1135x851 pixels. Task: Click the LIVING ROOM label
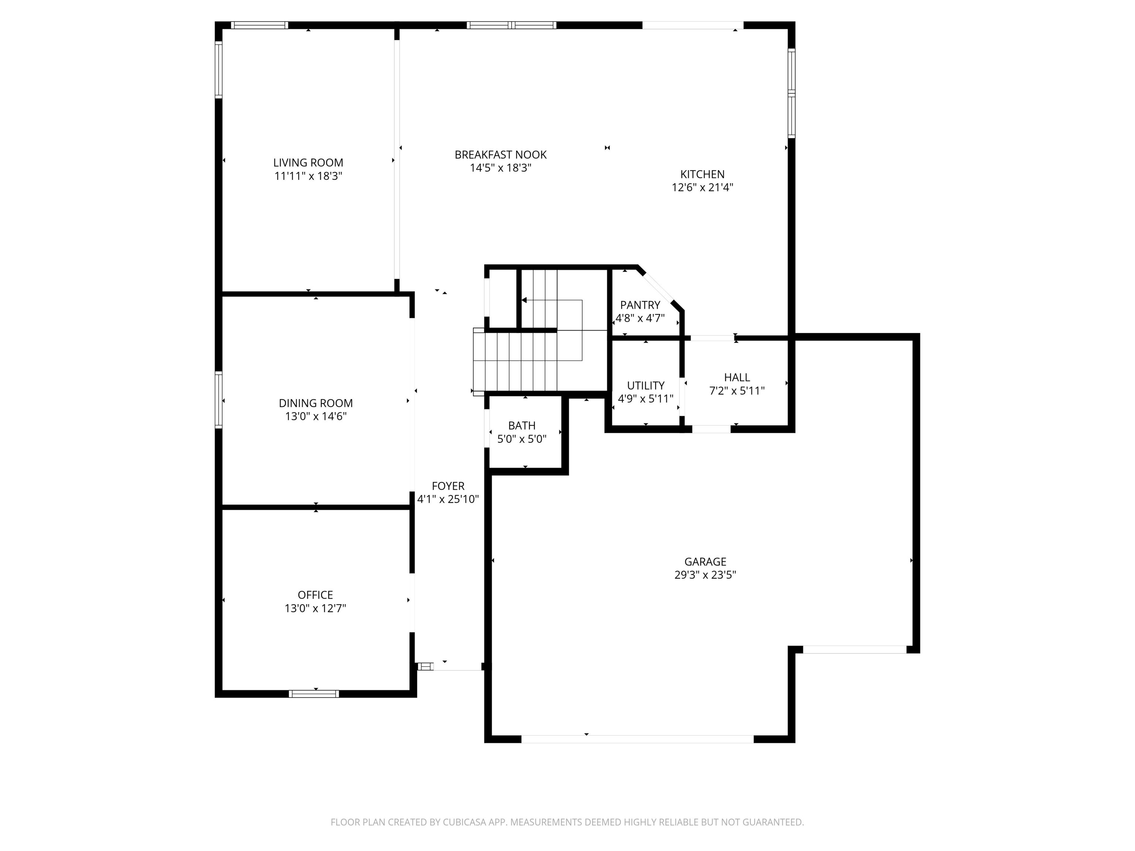[308, 163]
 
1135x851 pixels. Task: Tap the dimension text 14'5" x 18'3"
[500, 168]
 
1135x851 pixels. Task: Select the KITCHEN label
[702, 174]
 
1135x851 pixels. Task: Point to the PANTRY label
[640, 305]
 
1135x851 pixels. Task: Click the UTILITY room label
[645, 385]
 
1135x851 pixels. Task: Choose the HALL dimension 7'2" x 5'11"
[737, 391]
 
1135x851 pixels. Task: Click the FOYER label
[448, 486]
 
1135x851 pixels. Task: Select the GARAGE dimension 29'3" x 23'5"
[705, 575]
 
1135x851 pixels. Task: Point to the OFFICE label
[315, 595]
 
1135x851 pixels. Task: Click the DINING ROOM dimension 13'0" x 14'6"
[316, 416]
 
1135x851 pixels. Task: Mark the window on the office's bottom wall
[314, 694]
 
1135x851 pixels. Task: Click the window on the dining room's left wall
[219, 400]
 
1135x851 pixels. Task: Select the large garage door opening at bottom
[637, 739]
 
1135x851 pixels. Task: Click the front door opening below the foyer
[457, 667]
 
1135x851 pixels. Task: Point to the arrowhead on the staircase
[524, 300]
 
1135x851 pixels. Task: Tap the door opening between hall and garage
[711, 429]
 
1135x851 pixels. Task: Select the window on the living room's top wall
[259, 25]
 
